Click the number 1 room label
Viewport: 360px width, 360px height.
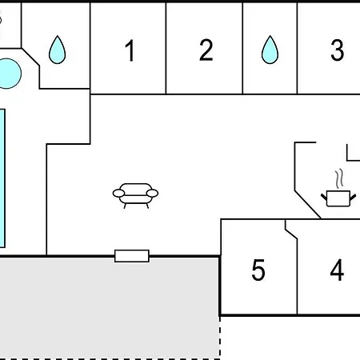click(x=130, y=50)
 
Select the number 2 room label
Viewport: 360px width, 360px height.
click(x=206, y=50)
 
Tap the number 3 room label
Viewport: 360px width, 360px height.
click(x=337, y=50)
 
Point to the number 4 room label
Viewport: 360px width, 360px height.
click(x=337, y=270)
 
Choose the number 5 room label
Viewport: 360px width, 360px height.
click(x=258, y=270)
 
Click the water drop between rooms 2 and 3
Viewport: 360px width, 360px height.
click(x=270, y=50)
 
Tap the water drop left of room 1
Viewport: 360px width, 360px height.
click(x=57, y=50)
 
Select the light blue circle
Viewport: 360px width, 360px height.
click(x=7, y=74)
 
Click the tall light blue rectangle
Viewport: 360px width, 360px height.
click(x=2, y=178)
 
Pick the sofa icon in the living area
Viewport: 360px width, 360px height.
click(x=135, y=195)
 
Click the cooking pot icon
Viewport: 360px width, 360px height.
click(x=338, y=198)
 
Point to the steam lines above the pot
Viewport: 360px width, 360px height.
click(x=339, y=178)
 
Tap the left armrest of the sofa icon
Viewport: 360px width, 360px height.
click(x=118, y=193)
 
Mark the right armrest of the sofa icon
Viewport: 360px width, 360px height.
click(x=152, y=193)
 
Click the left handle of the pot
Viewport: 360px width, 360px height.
click(x=324, y=198)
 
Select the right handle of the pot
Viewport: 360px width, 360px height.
click(x=353, y=198)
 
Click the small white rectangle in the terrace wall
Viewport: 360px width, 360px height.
click(x=132, y=256)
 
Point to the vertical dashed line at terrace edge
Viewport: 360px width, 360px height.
click(x=220, y=338)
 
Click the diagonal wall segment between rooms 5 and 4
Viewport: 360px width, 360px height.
click(x=291, y=234)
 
